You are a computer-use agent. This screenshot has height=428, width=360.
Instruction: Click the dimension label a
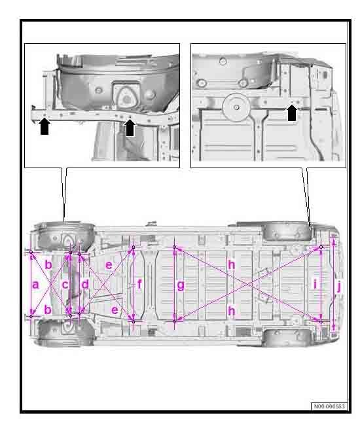(35, 285)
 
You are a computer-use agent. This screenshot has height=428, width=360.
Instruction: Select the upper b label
(48, 264)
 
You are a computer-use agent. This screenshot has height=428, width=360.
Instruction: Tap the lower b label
(48, 310)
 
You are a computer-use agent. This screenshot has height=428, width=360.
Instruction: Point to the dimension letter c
(65, 285)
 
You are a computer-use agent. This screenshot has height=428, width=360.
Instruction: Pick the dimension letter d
(85, 284)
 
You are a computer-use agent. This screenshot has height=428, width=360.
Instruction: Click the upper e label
(109, 265)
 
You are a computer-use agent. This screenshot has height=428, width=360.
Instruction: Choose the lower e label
(115, 310)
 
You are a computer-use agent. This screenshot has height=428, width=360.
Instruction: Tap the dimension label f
(139, 284)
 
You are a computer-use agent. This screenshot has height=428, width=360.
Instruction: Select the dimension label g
(181, 285)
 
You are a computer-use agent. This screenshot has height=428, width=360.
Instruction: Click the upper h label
(231, 264)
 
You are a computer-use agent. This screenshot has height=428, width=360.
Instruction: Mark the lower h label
(231, 311)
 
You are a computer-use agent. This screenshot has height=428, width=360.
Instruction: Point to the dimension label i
(315, 284)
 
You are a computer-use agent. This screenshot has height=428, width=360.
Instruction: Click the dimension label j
(339, 287)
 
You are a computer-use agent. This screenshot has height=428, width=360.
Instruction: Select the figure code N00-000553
(329, 406)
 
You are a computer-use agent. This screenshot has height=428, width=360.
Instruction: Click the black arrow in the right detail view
(292, 113)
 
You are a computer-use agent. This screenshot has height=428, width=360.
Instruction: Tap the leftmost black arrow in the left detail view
(45, 126)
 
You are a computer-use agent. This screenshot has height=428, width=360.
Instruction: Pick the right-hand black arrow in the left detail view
(130, 128)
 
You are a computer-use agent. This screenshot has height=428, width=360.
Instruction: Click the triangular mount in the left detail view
(126, 97)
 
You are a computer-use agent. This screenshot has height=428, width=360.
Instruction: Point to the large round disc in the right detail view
(236, 107)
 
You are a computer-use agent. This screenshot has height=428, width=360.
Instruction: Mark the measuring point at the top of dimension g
(174, 247)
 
